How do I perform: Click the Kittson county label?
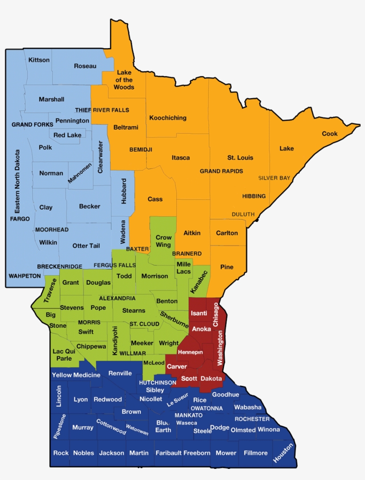coord(39,60)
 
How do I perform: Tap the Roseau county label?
coord(85,66)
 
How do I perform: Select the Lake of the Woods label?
coord(124,80)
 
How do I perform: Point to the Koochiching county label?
coord(168,118)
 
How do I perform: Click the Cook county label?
coord(330,134)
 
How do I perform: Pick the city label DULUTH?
coord(243,214)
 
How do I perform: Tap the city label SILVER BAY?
coord(274,178)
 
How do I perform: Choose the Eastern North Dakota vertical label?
coord(17,181)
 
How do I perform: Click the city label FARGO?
coord(20,219)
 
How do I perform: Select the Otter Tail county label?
coord(86,246)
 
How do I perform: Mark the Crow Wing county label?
coord(163,241)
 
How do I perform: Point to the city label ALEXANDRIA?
coord(117,298)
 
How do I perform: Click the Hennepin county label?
coord(190,352)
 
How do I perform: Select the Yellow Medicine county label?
coord(76,375)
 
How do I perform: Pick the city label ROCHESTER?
coord(252,419)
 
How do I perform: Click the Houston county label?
coord(284,452)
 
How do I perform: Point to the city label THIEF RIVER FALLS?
coord(102,110)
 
